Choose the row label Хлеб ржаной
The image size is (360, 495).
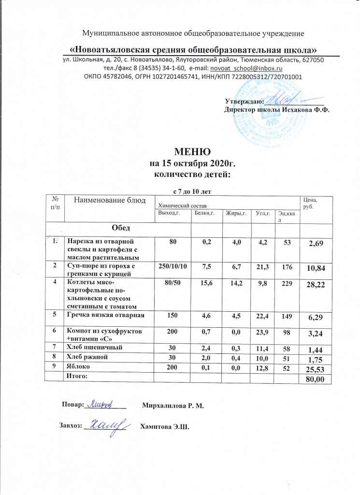pos(87,356)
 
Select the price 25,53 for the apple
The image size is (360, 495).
pos(319,368)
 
